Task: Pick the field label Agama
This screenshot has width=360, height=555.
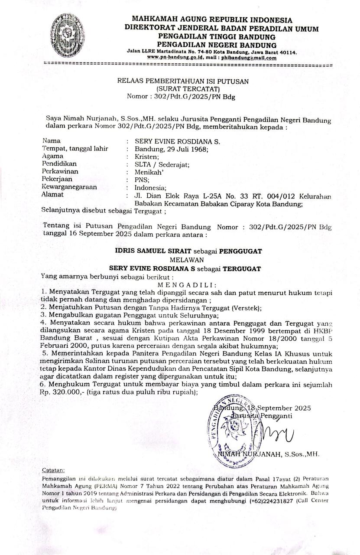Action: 52,156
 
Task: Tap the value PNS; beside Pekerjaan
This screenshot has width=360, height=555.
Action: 142,180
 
